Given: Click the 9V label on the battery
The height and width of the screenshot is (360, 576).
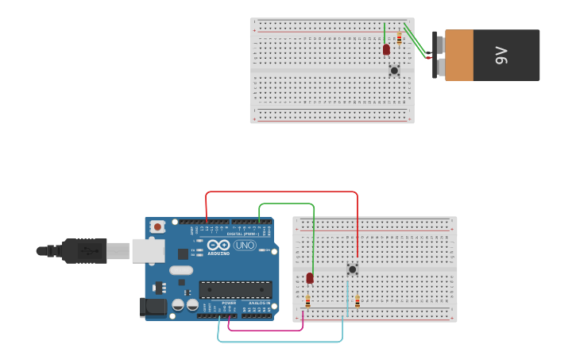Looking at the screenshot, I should coord(501,55).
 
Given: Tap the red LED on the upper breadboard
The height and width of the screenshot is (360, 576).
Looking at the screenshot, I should coord(386,49).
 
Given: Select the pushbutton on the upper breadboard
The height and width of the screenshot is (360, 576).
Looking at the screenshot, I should coord(394,70).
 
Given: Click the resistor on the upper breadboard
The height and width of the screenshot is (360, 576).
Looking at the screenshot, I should coord(399,37).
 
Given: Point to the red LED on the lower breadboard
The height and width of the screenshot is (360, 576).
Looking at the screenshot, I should coord(310,278).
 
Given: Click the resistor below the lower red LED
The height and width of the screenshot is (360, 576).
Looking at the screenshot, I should coord(308,301).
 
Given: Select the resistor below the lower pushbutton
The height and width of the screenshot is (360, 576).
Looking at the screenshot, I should coord(358,301).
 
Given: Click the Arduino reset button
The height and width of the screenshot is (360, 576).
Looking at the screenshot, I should coord(157,226).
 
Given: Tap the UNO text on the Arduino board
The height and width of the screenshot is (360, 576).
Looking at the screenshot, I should coord(244,246).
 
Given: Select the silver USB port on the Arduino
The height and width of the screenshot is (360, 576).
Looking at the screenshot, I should coord(149,251).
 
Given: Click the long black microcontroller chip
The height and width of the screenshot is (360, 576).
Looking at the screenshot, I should coord(235,289).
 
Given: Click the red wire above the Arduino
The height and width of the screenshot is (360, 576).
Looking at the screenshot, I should coord(282,192).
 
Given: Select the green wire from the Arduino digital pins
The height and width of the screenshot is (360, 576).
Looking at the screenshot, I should coord(286,203).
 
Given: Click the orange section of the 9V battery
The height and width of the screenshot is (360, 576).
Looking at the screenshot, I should coord(459,55).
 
